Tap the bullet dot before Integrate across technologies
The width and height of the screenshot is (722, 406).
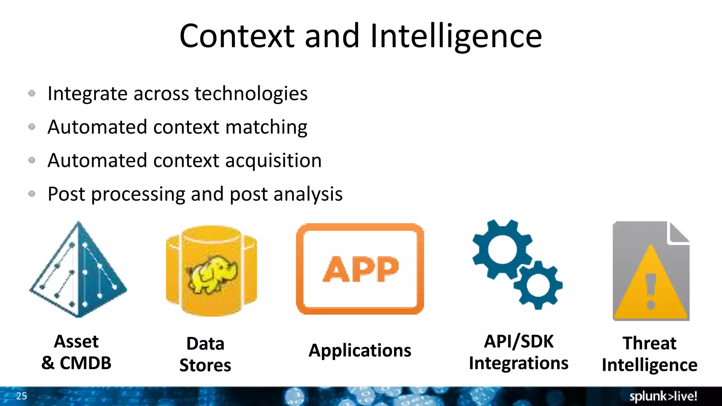(32, 93)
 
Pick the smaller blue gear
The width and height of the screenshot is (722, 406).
(538, 285)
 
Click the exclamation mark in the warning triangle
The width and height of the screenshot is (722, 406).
(651, 291)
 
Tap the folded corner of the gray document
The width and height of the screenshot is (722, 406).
(679, 233)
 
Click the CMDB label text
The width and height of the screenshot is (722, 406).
(85, 363)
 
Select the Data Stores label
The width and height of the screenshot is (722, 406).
(205, 354)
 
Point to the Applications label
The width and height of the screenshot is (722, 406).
(360, 350)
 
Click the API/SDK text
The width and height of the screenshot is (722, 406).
(519, 341)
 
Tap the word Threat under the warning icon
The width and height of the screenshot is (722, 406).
(649, 343)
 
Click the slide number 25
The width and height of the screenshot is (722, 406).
(22, 396)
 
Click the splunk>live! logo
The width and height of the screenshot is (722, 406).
(663, 396)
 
